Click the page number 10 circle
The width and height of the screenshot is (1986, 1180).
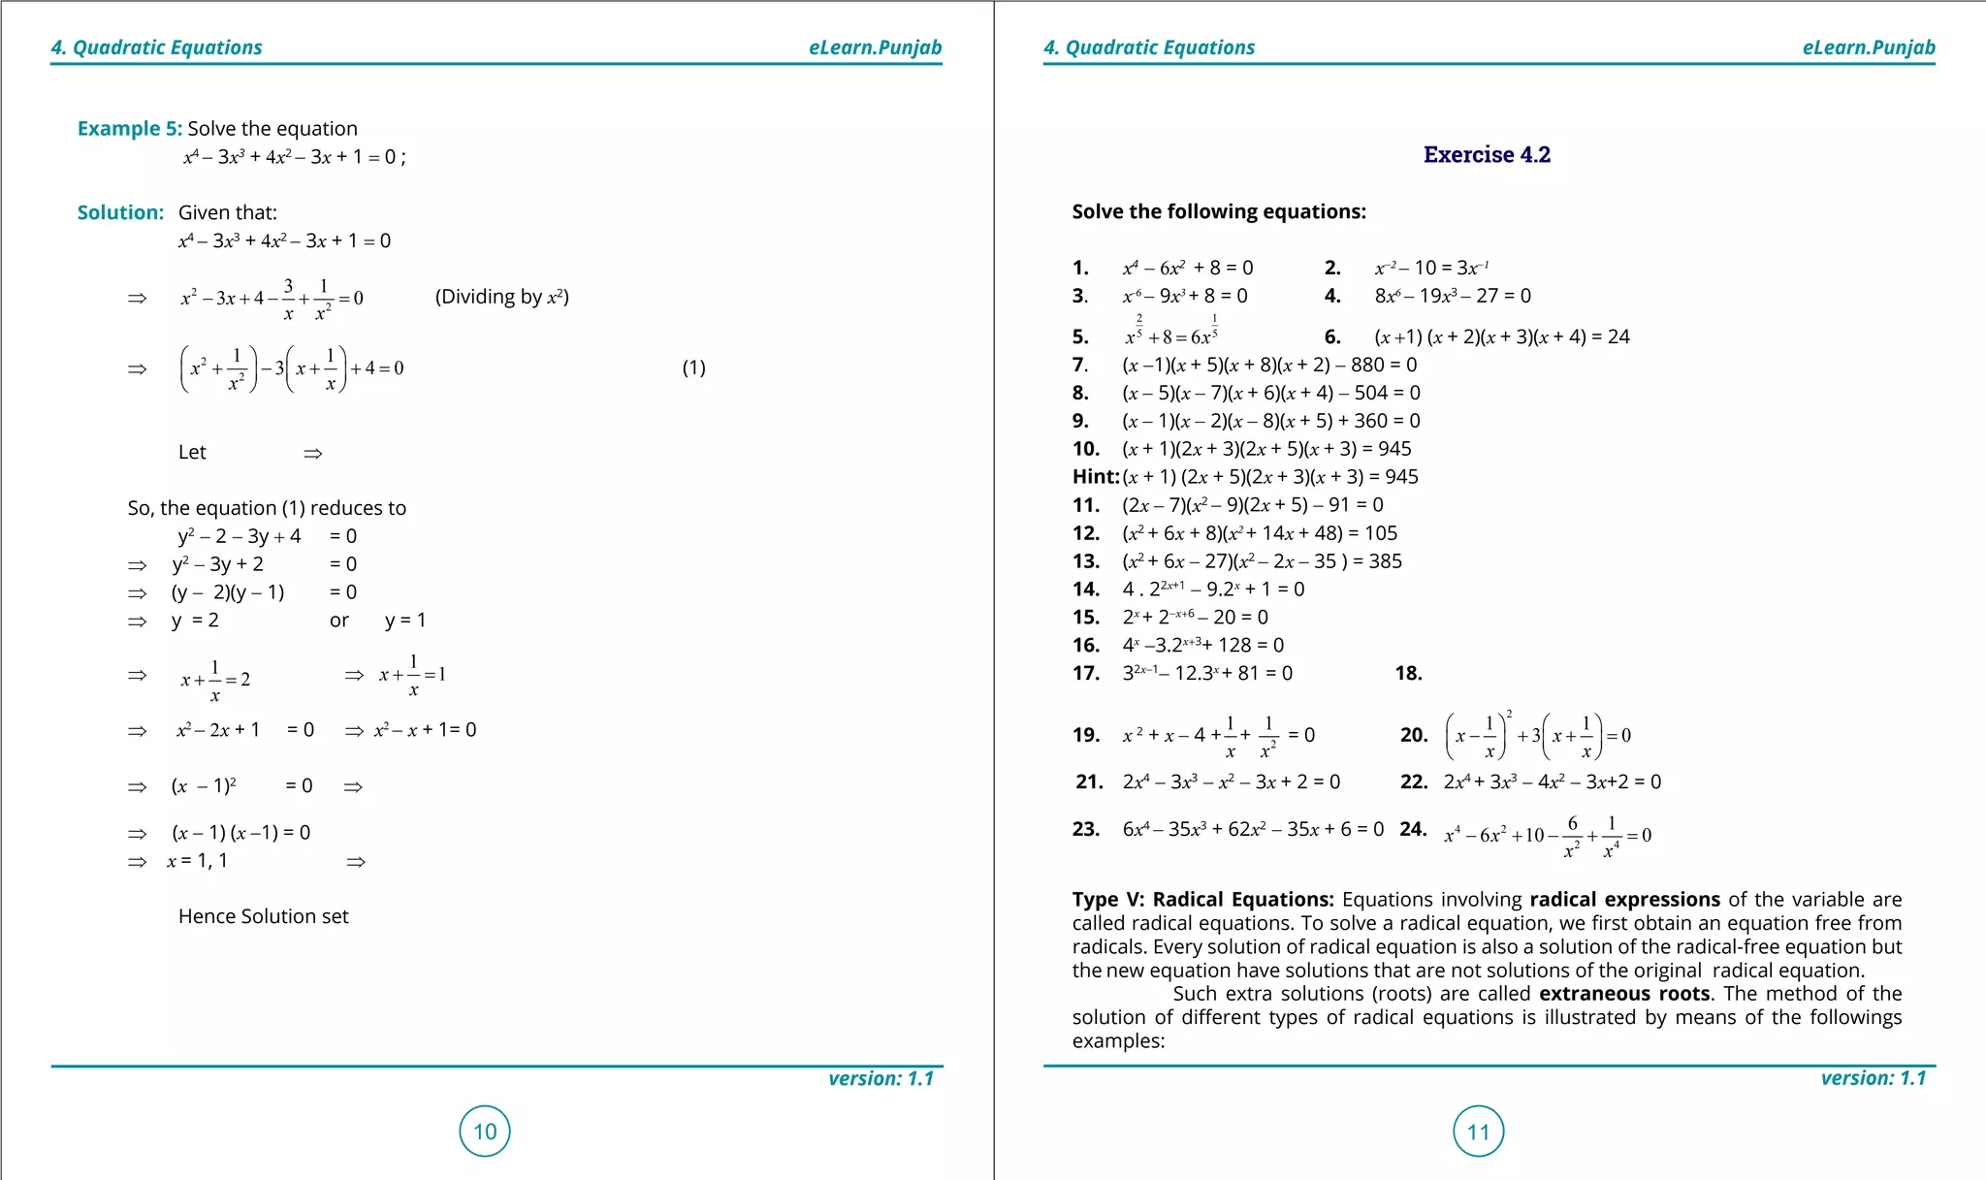[x=485, y=1131]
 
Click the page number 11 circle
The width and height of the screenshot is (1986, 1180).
[x=1478, y=1131]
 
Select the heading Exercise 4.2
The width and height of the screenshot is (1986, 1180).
[x=1486, y=154]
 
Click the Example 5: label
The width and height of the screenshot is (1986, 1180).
[x=129, y=128]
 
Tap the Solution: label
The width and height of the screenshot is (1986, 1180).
[x=120, y=212]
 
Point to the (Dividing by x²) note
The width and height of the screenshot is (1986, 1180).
[x=501, y=297]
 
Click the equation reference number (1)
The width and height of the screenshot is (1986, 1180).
[x=693, y=367]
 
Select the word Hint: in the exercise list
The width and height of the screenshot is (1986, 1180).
[x=1096, y=476]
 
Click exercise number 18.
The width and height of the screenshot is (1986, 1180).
[x=1408, y=673]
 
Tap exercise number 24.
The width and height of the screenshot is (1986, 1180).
[x=1413, y=829]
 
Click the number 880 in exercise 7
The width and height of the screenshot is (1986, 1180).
[x=1368, y=365]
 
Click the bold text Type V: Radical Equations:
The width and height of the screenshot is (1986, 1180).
[x=1202, y=899]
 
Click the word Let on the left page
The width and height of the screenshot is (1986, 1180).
[x=192, y=452]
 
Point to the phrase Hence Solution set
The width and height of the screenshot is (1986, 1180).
[x=263, y=916]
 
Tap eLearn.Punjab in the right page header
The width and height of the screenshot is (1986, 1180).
[x=1868, y=48]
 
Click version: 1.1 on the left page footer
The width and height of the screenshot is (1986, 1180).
[x=881, y=1078]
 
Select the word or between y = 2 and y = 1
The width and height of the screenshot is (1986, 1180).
[x=338, y=621]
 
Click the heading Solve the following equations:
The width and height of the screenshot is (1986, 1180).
[x=1218, y=211]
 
